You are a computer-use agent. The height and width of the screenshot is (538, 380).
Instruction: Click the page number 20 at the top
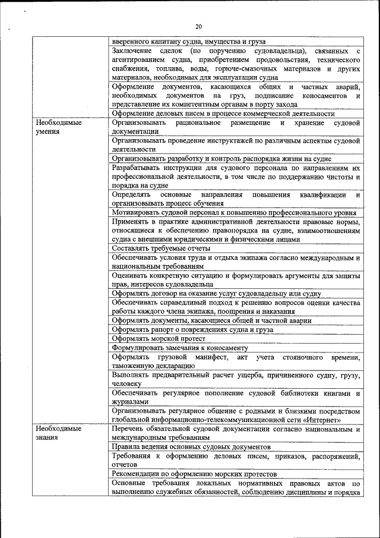point(198,26)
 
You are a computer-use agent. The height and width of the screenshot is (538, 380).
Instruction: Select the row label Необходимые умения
point(58,127)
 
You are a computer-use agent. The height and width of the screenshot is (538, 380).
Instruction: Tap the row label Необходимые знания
point(58,433)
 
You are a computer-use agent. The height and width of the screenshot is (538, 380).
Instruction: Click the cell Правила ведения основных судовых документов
point(191,446)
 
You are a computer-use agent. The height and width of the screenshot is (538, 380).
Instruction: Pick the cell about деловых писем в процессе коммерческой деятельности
point(223,114)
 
